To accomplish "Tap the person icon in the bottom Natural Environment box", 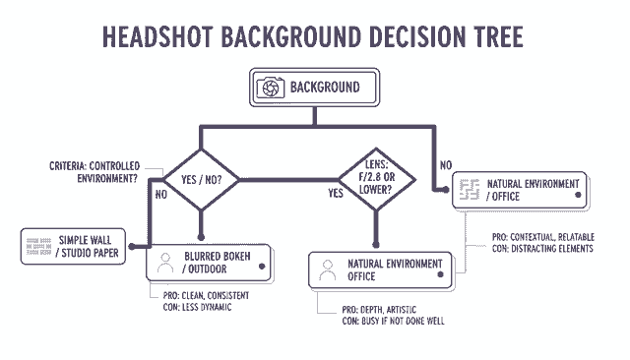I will click(x=328, y=271).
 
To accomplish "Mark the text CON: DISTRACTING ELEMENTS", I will click(x=541, y=249).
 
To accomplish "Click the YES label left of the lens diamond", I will click(x=336, y=194).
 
